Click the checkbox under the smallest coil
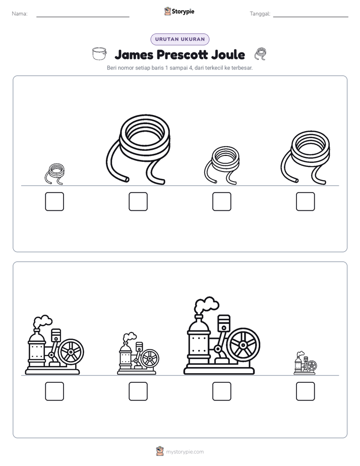click(x=54, y=202)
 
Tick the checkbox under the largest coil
click(x=138, y=202)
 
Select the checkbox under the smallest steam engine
click(x=306, y=391)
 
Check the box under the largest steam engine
click(x=221, y=391)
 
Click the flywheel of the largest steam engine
click(x=243, y=345)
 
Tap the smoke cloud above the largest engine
click(x=206, y=305)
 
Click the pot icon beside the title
click(x=99, y=53)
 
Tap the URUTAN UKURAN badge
click(x=180, y=39)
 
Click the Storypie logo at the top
click(x=179, y=12)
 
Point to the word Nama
click(x=20, y=14)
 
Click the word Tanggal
click(x=260, y=14)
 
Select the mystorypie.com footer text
click(x=185, y=452)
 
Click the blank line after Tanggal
click(x=311, y=17)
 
